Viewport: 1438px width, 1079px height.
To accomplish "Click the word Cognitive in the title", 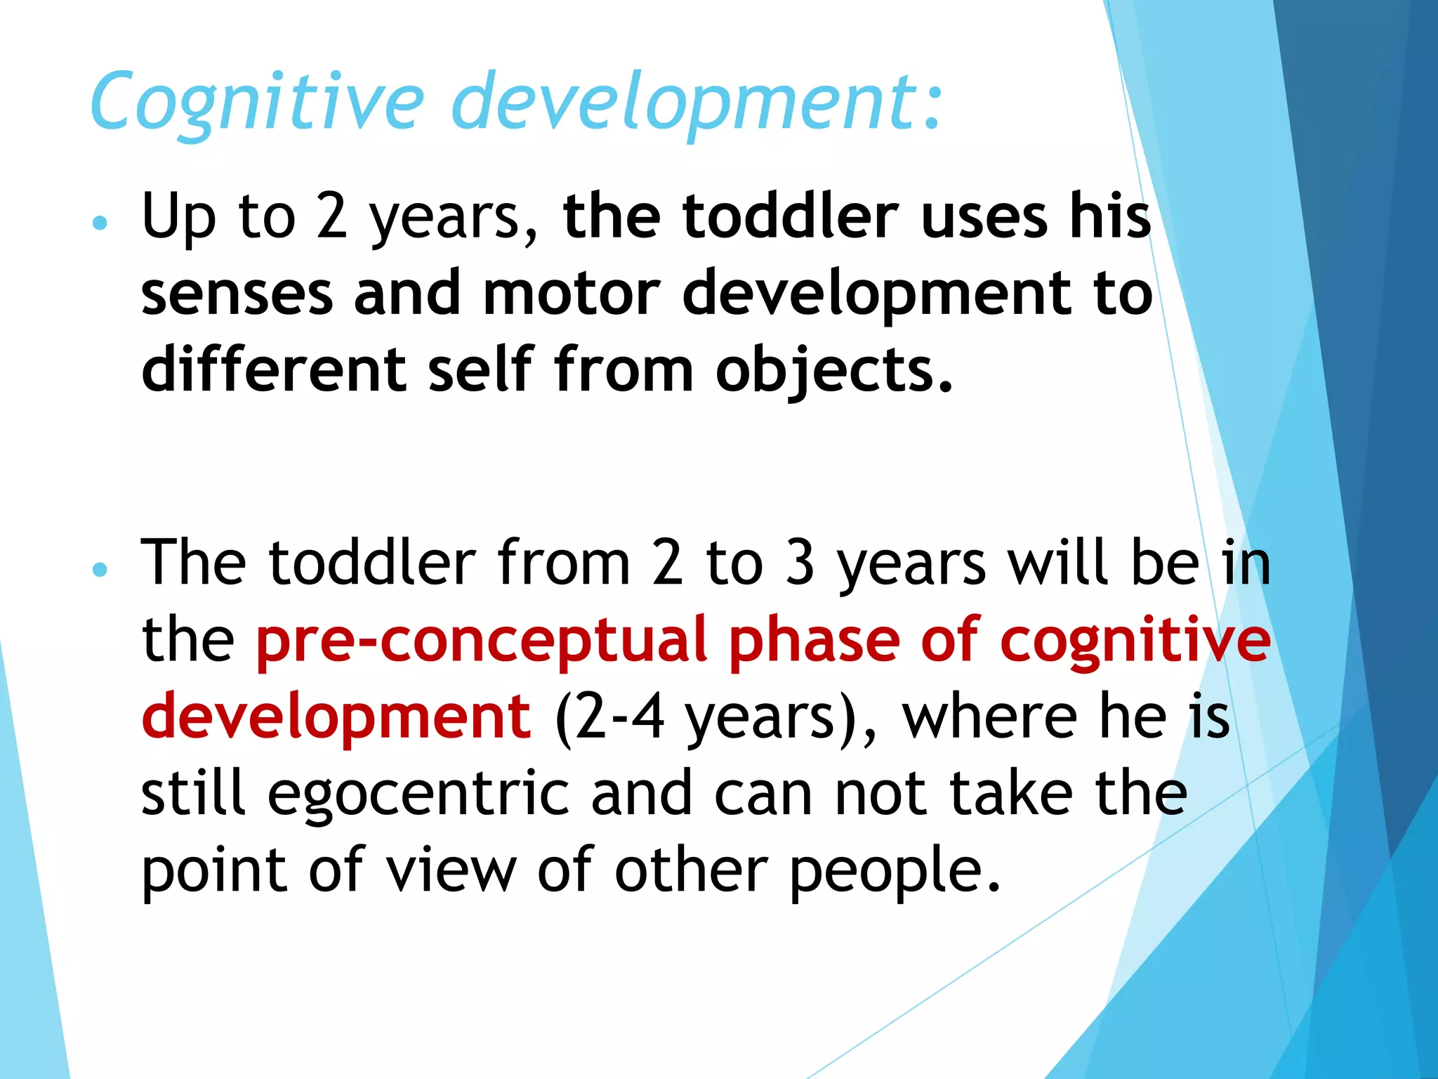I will (x=257, y=102).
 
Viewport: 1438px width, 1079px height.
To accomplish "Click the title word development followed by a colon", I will (x=695, y=102).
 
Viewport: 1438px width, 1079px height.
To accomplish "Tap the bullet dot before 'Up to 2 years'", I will (x=100, y=223).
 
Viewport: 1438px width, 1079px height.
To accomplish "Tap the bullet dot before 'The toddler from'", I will (x=100, y=569).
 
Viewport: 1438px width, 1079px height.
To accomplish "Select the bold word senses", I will (x=237, y=293).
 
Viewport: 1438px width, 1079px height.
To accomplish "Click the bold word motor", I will (x=572, y=293).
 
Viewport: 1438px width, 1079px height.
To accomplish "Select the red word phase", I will (x=814, y=641).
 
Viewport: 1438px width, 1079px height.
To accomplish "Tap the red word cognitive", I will (x=1135, y=641).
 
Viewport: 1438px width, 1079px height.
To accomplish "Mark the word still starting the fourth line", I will (x=194, y=794).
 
